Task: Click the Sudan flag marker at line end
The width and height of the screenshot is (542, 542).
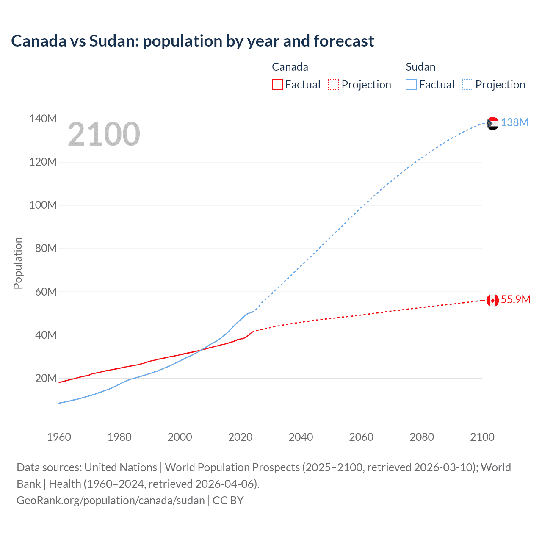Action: tap(492, 123)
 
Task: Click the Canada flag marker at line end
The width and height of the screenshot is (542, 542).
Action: tap(492, 300)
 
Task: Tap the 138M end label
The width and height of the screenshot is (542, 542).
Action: tap(514, 122)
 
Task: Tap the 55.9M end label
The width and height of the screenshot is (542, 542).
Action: tap(515, 299)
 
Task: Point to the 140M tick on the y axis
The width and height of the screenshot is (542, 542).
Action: tap(43, 119)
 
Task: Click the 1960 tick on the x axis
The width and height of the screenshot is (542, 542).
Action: tap(59, 437)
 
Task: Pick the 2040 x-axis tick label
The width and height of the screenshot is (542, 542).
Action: tap(301, 437)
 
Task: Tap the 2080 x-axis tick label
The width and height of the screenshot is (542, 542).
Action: tap(422, 437)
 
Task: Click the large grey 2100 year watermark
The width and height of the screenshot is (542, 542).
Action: tap(104, 134)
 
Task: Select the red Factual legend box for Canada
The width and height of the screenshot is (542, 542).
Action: tap(277, 84)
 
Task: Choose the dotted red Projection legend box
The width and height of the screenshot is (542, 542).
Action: tap(334, 84)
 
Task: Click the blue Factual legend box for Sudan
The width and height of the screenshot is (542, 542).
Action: tap(411, 84)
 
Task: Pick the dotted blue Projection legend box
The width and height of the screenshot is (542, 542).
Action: tap(467, 84)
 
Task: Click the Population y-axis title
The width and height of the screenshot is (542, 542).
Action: tap(18, 263)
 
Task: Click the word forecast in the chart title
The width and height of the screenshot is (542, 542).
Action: tap(343, 41)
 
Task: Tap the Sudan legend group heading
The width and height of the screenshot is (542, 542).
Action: tap(420, 67)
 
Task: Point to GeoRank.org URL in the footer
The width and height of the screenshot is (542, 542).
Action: tap(111, 501)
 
